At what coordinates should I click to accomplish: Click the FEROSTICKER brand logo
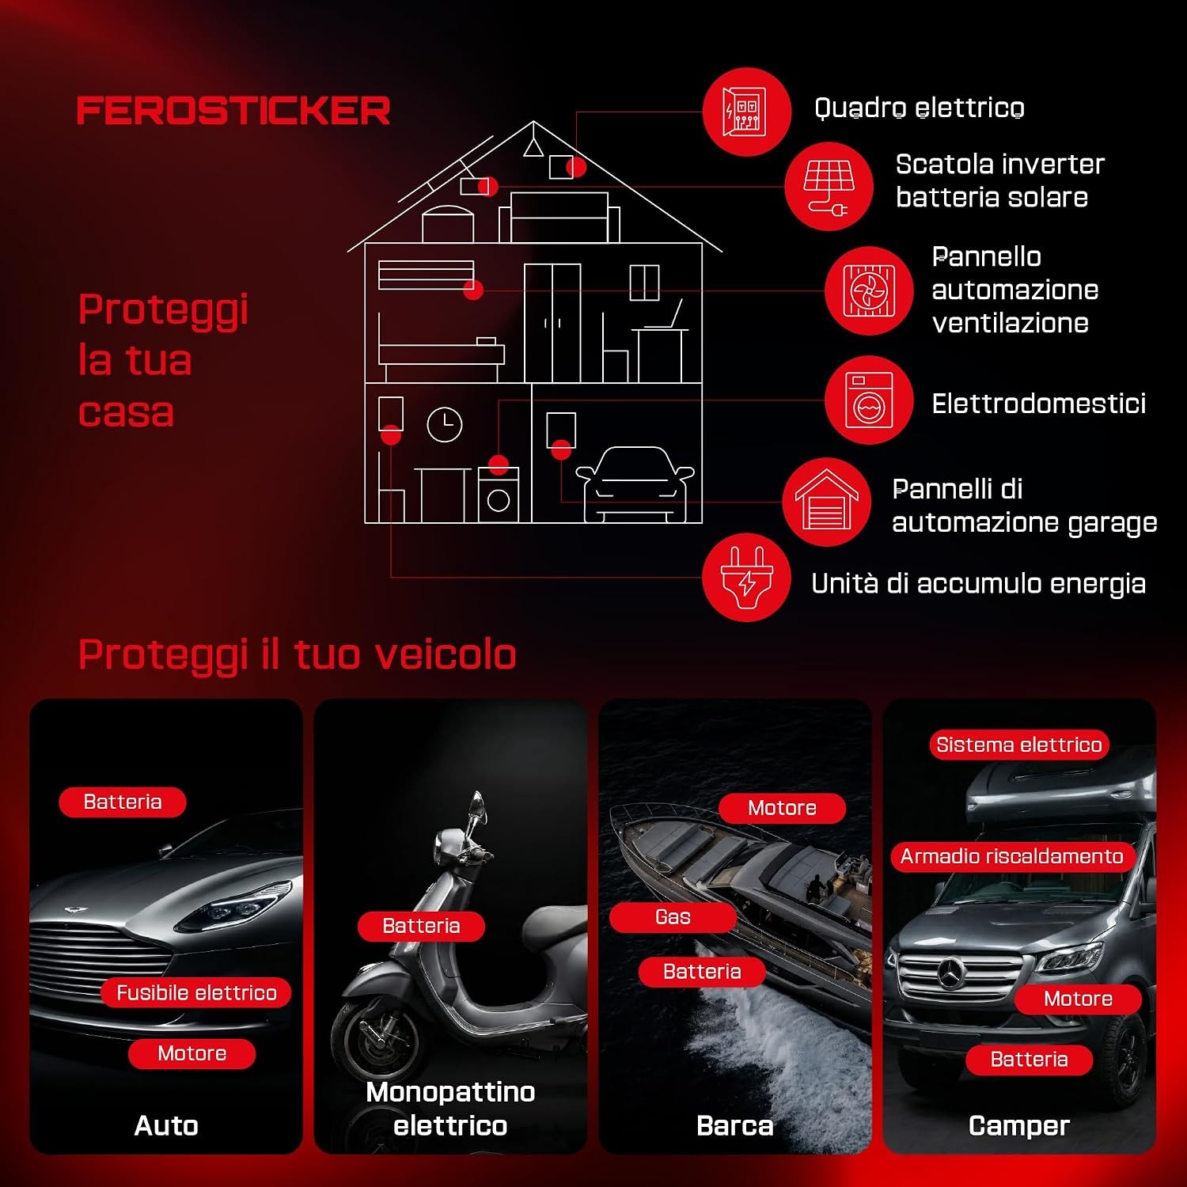(233, 111)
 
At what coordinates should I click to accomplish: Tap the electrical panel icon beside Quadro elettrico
(746, 112)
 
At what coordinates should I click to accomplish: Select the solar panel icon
(829, 187)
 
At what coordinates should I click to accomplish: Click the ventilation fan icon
(869, 290)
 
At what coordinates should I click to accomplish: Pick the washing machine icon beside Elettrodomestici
(869, 400)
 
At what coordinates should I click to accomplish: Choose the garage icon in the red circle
(826, 502)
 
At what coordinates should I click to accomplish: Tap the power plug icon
(746, 578)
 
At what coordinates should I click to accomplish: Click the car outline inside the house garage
(635, 484)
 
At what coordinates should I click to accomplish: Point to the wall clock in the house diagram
(445, 425)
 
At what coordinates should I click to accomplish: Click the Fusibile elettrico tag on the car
(196, 992)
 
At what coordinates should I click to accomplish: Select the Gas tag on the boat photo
(673, 917)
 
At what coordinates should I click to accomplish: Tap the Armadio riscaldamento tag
(1012, 856)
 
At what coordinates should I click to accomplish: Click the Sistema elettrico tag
(1019, 745)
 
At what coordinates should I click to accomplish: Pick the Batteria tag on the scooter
(421, 926)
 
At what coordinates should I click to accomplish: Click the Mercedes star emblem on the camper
(950, 973)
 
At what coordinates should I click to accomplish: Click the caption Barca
(735, 1125)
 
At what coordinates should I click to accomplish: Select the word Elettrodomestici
(1039, 404)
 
